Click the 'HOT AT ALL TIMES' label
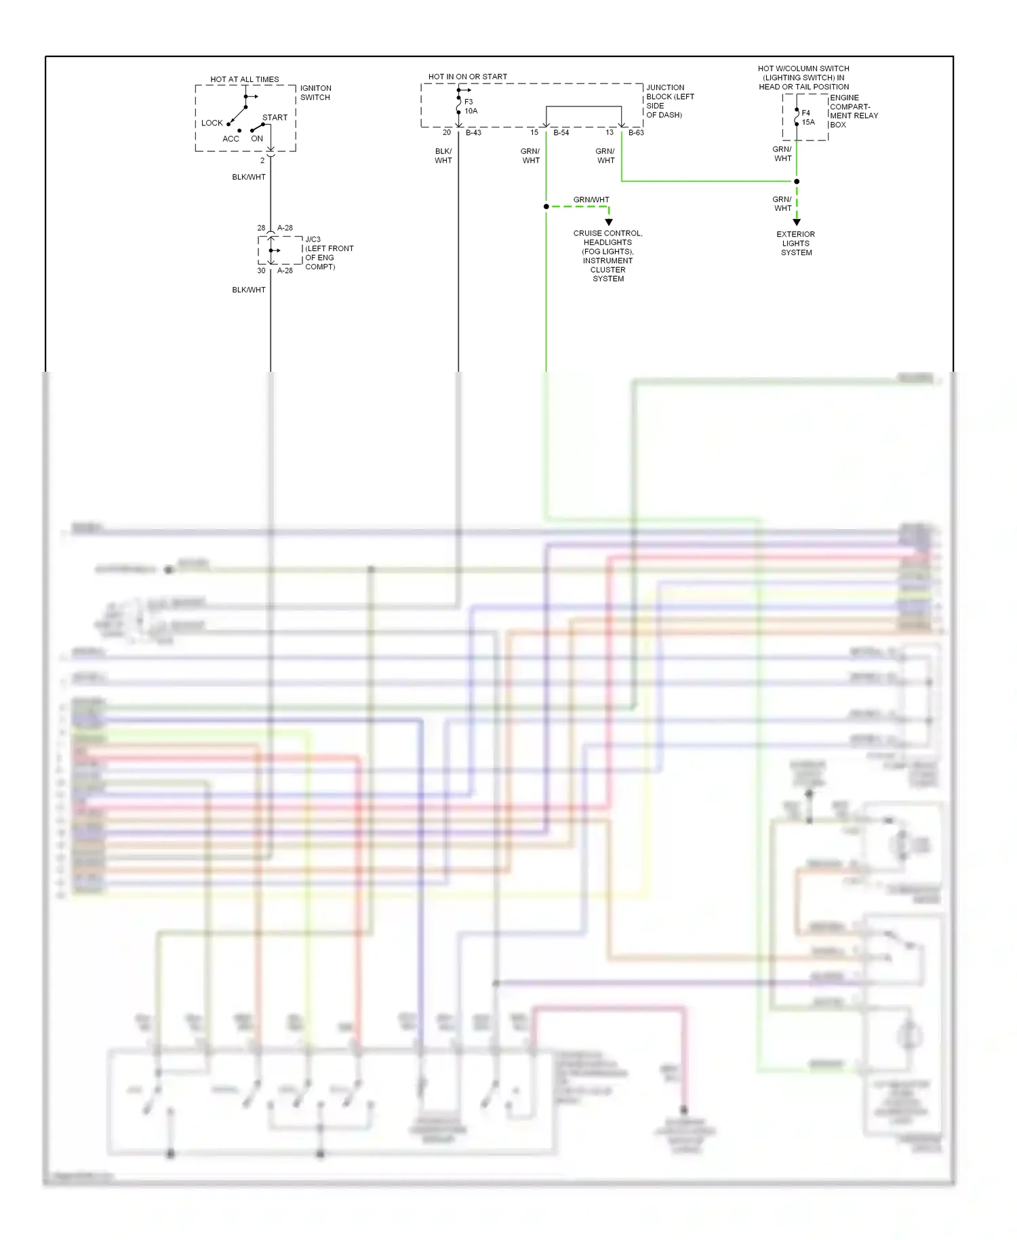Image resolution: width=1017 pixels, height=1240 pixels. coord(244,79)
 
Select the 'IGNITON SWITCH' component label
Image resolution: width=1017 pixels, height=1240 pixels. coord(315,93)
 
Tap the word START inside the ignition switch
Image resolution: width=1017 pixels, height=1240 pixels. coord(275,117)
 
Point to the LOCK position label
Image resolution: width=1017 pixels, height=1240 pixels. coord(212,123)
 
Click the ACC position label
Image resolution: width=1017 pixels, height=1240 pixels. coord(231,138)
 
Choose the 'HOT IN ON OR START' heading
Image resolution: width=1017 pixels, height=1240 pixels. coord(467,77)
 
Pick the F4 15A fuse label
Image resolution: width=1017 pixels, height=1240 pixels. coord(807,117)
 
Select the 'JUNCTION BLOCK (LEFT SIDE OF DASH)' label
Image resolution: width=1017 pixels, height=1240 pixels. coord(669,101)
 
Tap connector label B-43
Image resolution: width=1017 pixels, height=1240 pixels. coord(473,132)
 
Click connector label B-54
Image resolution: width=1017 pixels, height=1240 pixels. coord(561,132)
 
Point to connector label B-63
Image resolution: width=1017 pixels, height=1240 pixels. coord(636,132)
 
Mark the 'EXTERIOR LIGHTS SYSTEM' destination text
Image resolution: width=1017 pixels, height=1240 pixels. coord(796,244)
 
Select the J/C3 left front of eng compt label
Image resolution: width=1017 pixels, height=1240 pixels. coord(329,253)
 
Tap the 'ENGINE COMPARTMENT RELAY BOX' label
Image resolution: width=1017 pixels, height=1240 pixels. coord(853,111)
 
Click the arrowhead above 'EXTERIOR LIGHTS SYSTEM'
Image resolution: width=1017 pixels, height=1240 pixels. coord(797,222)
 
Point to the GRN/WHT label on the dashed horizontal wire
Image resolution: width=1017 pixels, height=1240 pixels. coord(591,199)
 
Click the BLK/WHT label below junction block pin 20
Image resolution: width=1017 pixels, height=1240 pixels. coord(443,156)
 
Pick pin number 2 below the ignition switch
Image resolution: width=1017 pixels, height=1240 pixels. coord(262,161)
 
